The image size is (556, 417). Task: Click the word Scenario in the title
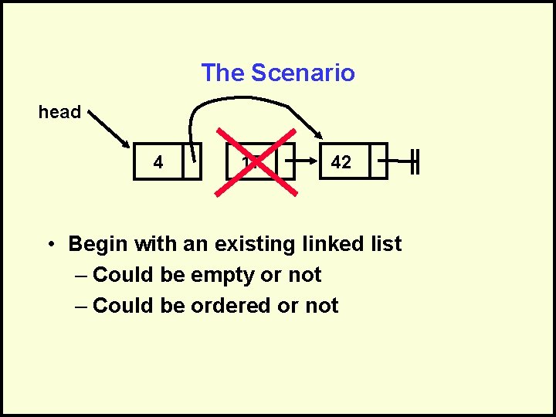303,73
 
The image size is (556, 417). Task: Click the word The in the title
222,73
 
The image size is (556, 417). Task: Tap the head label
59,112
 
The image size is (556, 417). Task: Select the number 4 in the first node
158,162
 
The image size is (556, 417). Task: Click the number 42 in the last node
341,162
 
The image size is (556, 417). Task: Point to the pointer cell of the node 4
192,161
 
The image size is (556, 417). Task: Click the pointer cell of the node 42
378,161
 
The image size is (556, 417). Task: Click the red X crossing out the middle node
260,161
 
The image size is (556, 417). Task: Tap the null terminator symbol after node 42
415,161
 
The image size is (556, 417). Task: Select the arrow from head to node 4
110,129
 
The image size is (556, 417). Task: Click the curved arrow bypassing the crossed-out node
247,100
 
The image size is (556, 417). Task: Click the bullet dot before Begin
49,245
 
